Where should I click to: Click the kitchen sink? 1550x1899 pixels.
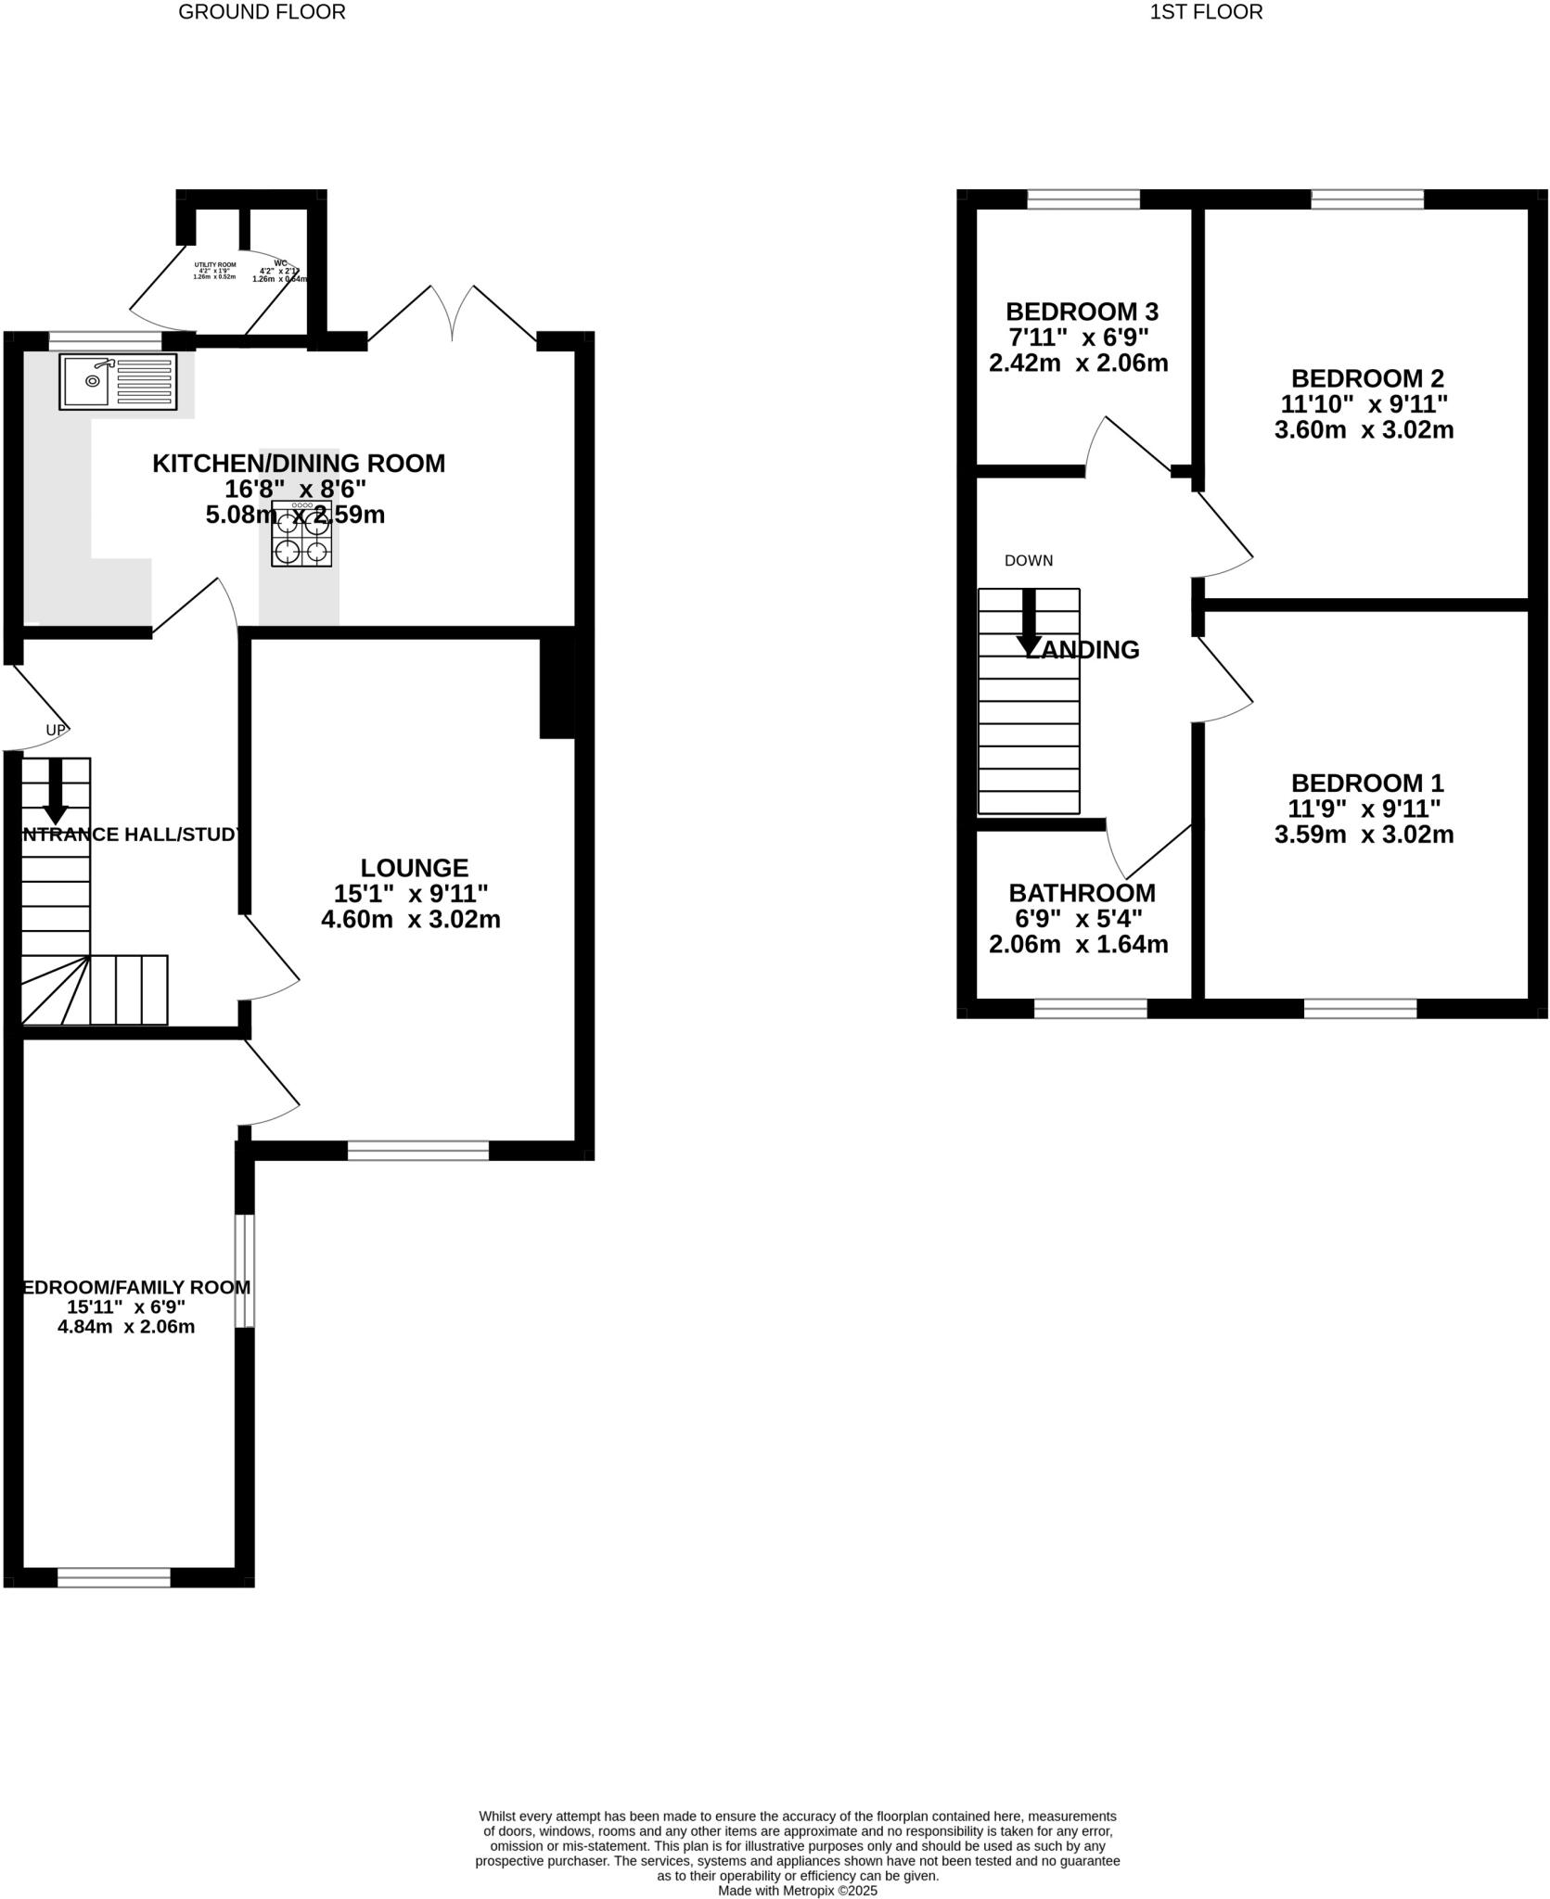(118, 381)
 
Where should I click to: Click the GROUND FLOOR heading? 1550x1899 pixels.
(262, 12)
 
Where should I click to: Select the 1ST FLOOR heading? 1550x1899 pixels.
(1206, 12)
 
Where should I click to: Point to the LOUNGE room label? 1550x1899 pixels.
(415, 868)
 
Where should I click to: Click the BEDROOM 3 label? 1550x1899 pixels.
(1082, 312)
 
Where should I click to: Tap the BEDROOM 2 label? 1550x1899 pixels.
(1367, 378)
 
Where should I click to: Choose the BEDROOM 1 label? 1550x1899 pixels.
(1367, 783)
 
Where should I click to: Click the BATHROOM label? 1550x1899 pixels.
(1082, 893)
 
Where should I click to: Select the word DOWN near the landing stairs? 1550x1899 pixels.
(1029, 561)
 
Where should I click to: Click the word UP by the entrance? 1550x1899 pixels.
(56, 731)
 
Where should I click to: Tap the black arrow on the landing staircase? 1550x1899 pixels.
(1029, 622)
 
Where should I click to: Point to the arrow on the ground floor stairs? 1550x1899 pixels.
(56, 791)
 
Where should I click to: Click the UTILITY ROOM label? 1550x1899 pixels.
(215, 265)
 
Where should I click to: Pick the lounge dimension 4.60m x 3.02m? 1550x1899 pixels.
(411, 920)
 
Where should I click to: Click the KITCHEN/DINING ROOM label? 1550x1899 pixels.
(299, 464)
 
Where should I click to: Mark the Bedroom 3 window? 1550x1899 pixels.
(1083, 198)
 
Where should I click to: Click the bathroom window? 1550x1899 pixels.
(1090, 1009)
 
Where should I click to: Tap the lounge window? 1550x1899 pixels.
(418, 1151)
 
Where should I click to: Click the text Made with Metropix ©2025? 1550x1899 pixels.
(798, 1891)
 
